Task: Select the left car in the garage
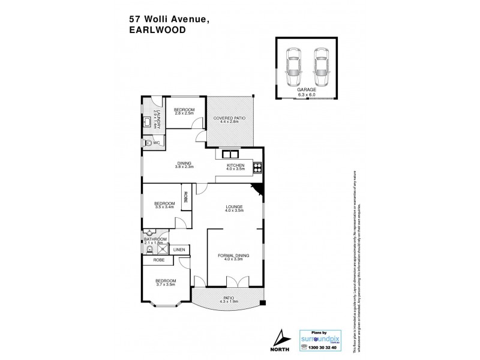(x=295, y=67)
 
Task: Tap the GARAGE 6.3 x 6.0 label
(x=306, y=92)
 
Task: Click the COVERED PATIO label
(x=229, y=121)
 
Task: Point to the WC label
(x=156, y=143)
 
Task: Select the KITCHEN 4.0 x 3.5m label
(x=235, y=167)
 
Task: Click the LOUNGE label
(x=233, y=208)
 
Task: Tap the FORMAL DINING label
(x=234, y=258)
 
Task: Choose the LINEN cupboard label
(x=179, y=250)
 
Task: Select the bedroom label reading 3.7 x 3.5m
(x=166, y=283)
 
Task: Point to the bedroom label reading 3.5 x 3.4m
(x=164, y=206)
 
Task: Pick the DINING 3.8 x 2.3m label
(x=184, y=164)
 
